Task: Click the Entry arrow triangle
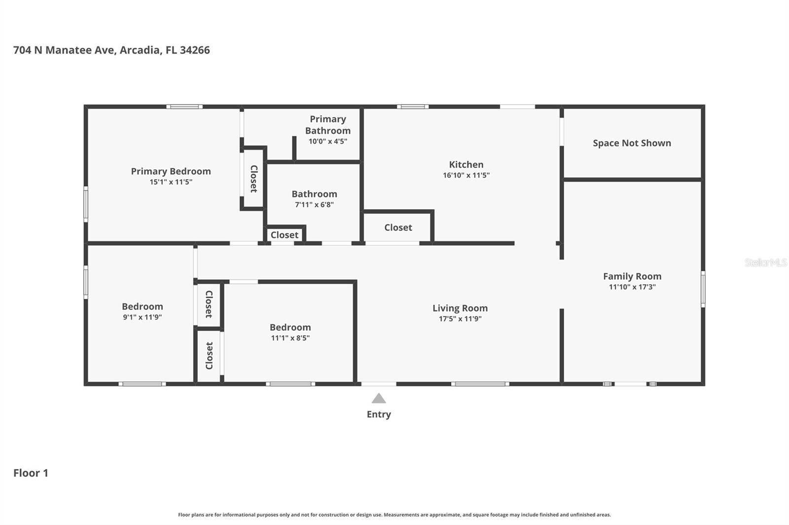(378, 398)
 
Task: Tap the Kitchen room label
(466, 164)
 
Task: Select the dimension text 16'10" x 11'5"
(466, 175)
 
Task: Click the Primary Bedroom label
(171, 171)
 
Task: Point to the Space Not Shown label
(632, 143)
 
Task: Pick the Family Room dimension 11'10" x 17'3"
(632, 287)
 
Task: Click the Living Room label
(460, 308)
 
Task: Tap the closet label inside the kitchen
(398, 228)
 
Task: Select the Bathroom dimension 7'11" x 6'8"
(314, 205)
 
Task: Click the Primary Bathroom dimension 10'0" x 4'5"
(328, 141)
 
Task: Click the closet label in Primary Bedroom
(253, 179)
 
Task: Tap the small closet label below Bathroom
(285, 235)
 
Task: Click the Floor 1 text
(31, 473)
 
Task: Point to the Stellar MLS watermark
(765, 262)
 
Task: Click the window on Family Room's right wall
(703, 289)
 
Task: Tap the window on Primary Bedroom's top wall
(184, 106)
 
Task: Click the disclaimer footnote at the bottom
(394, 515)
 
